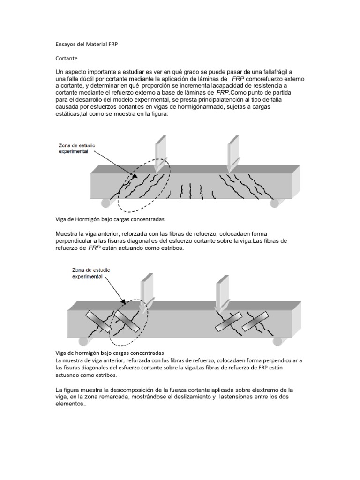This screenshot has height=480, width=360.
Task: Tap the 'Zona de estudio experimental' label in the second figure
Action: point(89,273)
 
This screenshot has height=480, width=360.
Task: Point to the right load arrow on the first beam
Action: point(232,152)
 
